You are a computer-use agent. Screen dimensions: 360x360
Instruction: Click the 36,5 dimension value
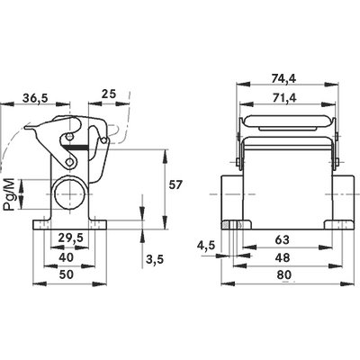[x=35, y=98]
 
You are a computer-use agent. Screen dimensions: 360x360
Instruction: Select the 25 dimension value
[x=108, y=94]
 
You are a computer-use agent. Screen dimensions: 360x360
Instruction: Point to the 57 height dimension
[x=175, y=185]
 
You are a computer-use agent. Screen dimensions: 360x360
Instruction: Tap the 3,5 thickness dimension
[x=155, y=259]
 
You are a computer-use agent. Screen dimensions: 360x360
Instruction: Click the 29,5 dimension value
[x=70, y=238]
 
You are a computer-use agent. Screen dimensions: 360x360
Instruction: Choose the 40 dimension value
[x=66, y=257]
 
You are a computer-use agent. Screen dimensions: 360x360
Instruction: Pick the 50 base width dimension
[x=67, y=274]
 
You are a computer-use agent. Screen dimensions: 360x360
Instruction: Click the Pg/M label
[x=9, y=194]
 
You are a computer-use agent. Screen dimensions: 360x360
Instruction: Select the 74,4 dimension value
[x=283, y=79]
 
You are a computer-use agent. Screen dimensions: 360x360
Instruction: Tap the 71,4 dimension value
[x=283, y=98]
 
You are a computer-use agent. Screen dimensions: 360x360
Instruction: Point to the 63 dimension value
[x=283, y=239]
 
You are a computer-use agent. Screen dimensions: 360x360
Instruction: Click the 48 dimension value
[x=283, y=257]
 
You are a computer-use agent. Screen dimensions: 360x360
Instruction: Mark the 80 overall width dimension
[x=283, y=274]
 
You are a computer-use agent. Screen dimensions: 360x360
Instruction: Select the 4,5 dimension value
[x=206, y=246]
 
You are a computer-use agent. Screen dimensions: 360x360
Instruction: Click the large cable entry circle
[x=70, y=194]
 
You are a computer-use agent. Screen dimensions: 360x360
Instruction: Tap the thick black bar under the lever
[x=76, y=147]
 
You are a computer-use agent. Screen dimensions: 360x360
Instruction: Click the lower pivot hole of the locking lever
[x=70, y=162]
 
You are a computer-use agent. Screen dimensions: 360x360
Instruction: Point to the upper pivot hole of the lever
[x=69, y=138]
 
